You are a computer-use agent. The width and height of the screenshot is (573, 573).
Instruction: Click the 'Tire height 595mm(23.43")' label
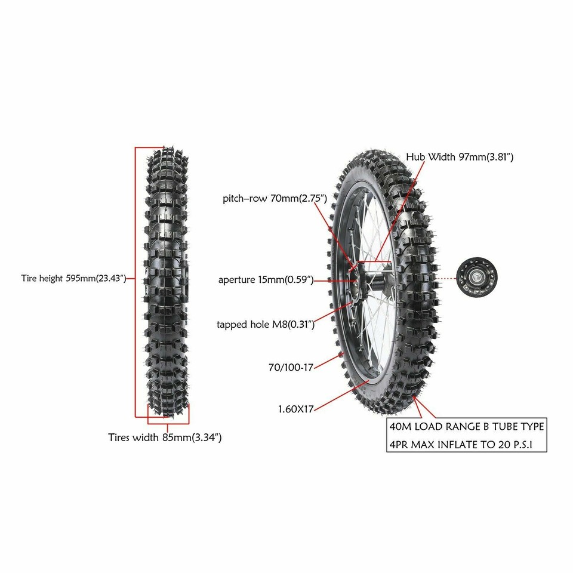(73, 278)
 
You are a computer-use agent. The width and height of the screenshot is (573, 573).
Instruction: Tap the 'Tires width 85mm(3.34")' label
(165, 437)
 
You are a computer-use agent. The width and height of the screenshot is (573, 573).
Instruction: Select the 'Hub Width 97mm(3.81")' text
(460, 157)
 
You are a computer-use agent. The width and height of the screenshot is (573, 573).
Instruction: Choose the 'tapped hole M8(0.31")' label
(266, 325)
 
